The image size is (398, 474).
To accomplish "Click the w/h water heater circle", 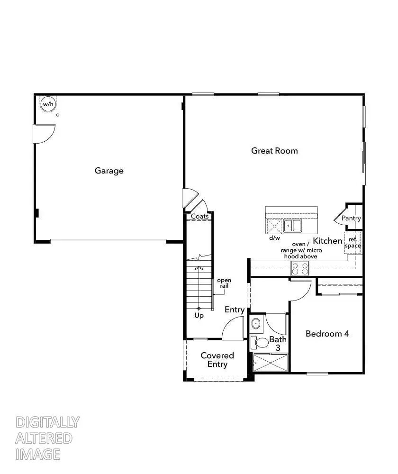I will (47, 104).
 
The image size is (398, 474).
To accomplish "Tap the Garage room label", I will (109, 171).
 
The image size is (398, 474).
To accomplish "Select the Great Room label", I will (274, 151).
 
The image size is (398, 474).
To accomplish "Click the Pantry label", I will (351, 219).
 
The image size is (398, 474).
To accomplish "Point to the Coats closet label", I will (199, 216).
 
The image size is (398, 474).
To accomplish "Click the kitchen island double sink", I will (292, 225).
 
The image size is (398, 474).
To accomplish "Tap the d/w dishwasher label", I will (274, 238).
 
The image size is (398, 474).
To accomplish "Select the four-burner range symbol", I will (299, 269).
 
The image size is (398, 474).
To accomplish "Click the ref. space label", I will (353, 243).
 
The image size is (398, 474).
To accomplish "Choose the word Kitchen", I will (328, 241).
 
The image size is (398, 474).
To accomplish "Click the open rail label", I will (224, 283).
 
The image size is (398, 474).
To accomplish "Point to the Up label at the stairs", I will (199, 316).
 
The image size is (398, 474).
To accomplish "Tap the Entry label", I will (235, 310).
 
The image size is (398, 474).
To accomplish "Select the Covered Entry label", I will (217, 360).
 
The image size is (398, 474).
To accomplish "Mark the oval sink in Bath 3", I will (256, 324).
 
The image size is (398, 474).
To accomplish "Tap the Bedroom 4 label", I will (327, 334).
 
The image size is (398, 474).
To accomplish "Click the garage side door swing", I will (44, 133).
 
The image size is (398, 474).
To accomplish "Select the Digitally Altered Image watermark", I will (47, 438).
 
